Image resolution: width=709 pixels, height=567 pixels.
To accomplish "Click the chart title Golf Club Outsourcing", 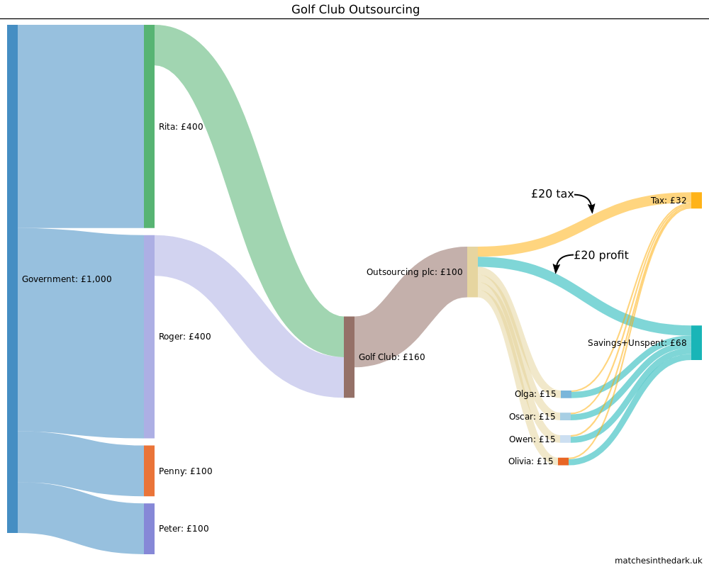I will click(355, 9).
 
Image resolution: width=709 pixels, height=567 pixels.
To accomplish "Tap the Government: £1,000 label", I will click(67, 279).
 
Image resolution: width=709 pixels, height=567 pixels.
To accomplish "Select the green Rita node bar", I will click(149, 126).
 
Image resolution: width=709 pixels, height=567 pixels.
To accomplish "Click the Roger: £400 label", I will click(184, 337).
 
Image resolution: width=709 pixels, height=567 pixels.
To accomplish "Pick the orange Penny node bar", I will click(149, 471).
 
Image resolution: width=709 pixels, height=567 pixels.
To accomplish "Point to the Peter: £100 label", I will click(184, 529).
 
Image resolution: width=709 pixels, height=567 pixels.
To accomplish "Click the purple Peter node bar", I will click(149, 529).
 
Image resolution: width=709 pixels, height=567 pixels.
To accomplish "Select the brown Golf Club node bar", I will click(349, 357).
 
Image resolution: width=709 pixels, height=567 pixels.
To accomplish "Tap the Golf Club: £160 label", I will click(391, 357).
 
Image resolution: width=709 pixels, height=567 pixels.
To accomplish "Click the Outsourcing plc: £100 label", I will click(414, 272).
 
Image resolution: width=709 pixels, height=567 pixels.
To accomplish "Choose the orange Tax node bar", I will click(696, 200).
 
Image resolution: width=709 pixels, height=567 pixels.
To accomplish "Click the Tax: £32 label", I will click(669, 201).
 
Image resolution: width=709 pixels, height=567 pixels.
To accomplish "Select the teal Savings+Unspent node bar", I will click(696, 342).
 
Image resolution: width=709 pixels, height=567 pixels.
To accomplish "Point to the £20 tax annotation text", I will click(552, 193).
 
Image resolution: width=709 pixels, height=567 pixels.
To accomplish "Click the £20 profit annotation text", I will click(601, 255).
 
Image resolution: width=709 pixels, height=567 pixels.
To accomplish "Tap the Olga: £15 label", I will click(535, 394).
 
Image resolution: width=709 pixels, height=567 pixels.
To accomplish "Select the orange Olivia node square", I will click(563, 461).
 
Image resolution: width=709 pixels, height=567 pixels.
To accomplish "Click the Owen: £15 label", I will click(532, 439).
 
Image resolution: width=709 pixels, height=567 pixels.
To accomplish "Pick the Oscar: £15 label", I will click(532, 417).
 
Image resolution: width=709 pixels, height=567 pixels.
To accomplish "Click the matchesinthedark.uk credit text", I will click(658, 560).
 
